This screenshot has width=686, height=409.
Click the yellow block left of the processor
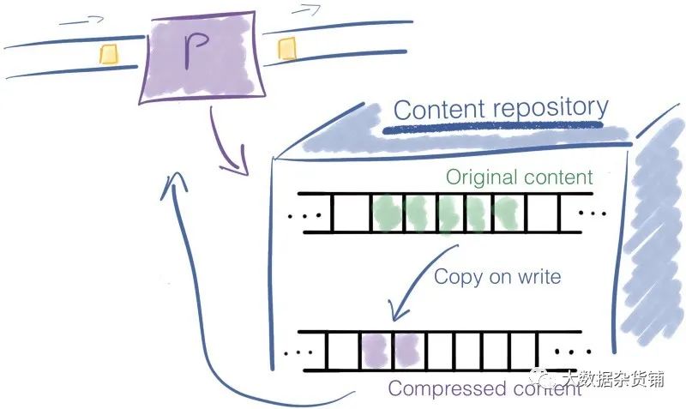click(x=109, y=53)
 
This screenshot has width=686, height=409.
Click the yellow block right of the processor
click(x=286, y=51)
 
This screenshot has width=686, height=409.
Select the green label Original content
click(x=519, y=177)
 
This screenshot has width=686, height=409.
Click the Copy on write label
click(x=497, y=276)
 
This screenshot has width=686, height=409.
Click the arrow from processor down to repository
click(x=223, y=141)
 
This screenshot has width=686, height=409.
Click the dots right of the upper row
click(x=593, y=212)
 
